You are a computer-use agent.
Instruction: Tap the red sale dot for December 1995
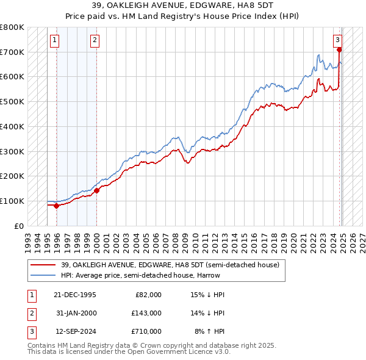57,206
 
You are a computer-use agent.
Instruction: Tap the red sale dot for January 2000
97,190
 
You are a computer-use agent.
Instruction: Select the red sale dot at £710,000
339,50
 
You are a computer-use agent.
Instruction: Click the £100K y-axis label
12,201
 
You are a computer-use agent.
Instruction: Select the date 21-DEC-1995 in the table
75,295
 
